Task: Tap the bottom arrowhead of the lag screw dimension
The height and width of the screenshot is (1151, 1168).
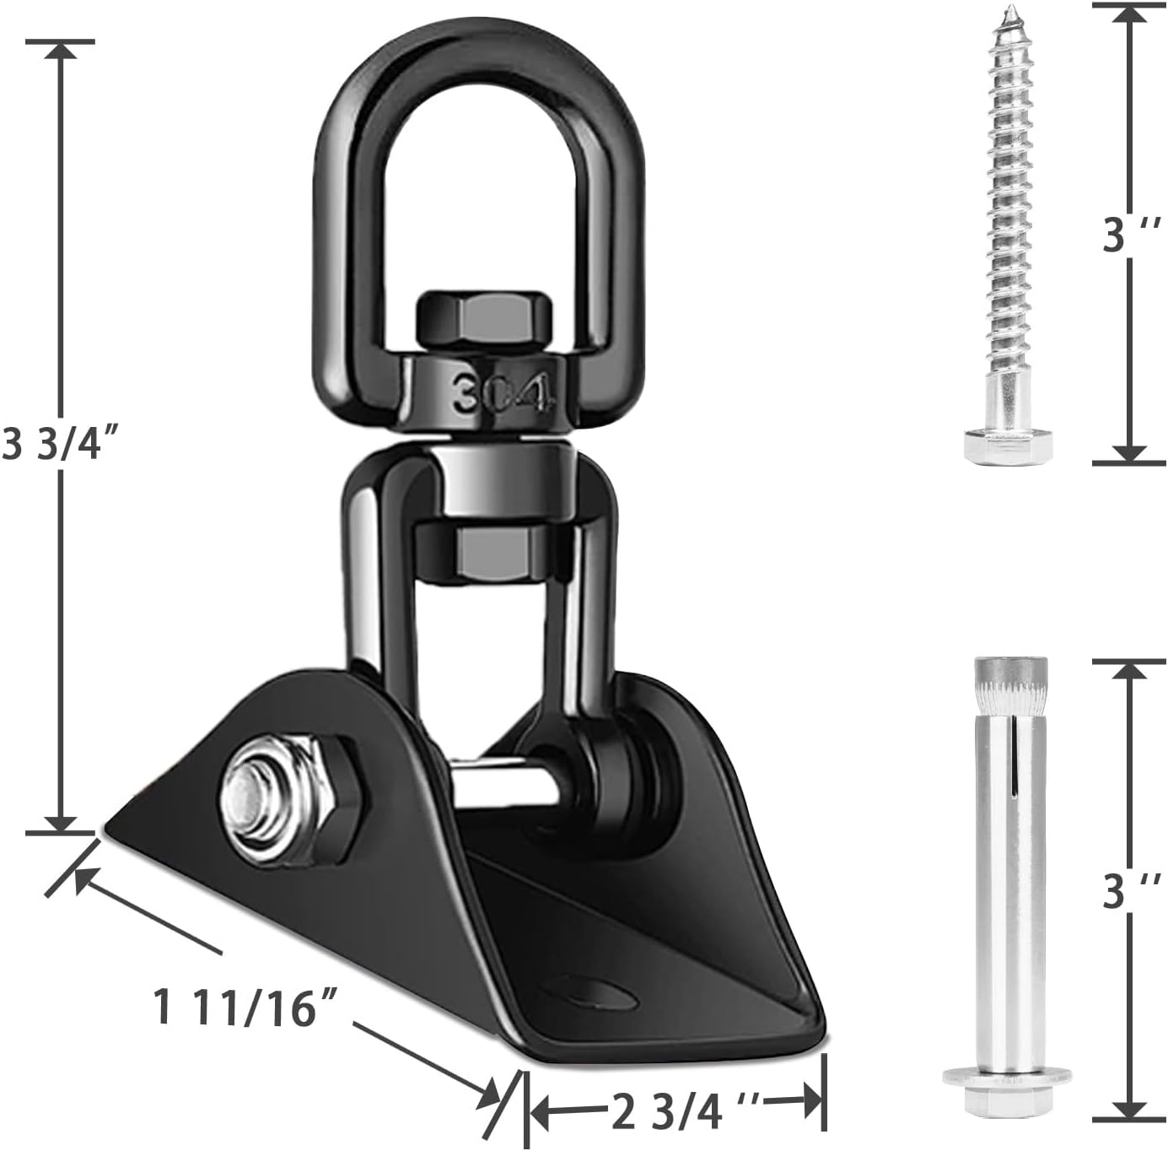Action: [1128, 453]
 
